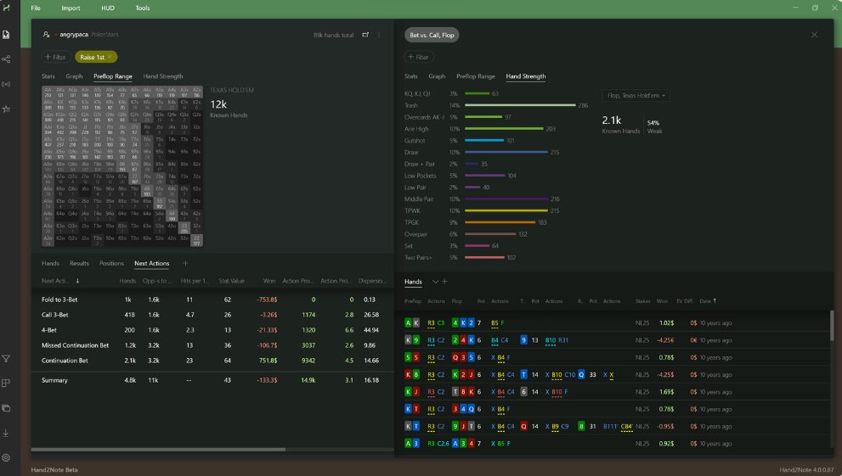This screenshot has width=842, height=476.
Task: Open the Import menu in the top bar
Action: coord(71,8)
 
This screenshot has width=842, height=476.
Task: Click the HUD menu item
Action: coord(107,8)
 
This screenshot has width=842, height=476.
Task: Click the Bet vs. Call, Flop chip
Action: coord(432,35)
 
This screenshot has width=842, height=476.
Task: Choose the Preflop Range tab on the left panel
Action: coord(112,76)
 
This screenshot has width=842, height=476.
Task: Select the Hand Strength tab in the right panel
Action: coord(525,76)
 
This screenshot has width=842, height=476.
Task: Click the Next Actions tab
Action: coord(151,264)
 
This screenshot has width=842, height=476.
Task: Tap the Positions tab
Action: coord(111,264)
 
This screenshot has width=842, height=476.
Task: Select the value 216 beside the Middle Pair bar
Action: coord(555,199)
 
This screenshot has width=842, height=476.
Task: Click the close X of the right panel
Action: coord(814,35)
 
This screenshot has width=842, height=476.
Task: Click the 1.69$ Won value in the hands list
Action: coord(666,393)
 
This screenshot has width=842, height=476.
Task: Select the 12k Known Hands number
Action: coord(218,104)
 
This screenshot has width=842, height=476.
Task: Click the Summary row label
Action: coord(55,380)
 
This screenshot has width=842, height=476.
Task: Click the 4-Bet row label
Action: coord(50,330)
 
